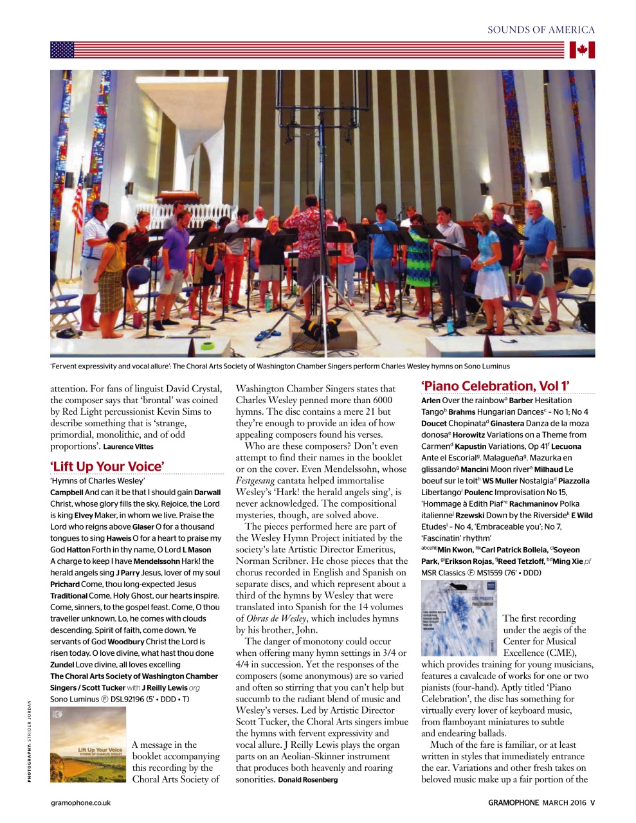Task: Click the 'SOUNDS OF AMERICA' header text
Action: pyautogui.click(x=541, y=30)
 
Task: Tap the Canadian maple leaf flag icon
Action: pyautogui.click(x=582, y=50)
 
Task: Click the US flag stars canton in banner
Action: pyautogui.click(x=62, y=50)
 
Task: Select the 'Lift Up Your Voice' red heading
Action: pyautogui.click(x=107, y=466)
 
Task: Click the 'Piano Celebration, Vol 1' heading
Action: pyautogui.click(x=495, y=386)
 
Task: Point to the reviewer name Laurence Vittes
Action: pyautogui.click(x=129, y=447)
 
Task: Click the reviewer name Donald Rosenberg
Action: pyautogui.click(x=307, y=780)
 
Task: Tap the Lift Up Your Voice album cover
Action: pyautogui.click(x=88, y=745)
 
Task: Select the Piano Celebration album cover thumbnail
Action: pyautogui.click(x=459, y=618)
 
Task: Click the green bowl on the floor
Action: pyautogui.click(x=208, y=346)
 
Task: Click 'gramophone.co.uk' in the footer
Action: pyautogui.click(x=81, y=802)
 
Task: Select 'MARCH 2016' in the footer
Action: pyautogui.click(x=565, y=802)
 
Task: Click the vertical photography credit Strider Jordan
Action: pyautogui.click(x=29, y=739)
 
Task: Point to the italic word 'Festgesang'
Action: pyautogui.click(x=255, y=481)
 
